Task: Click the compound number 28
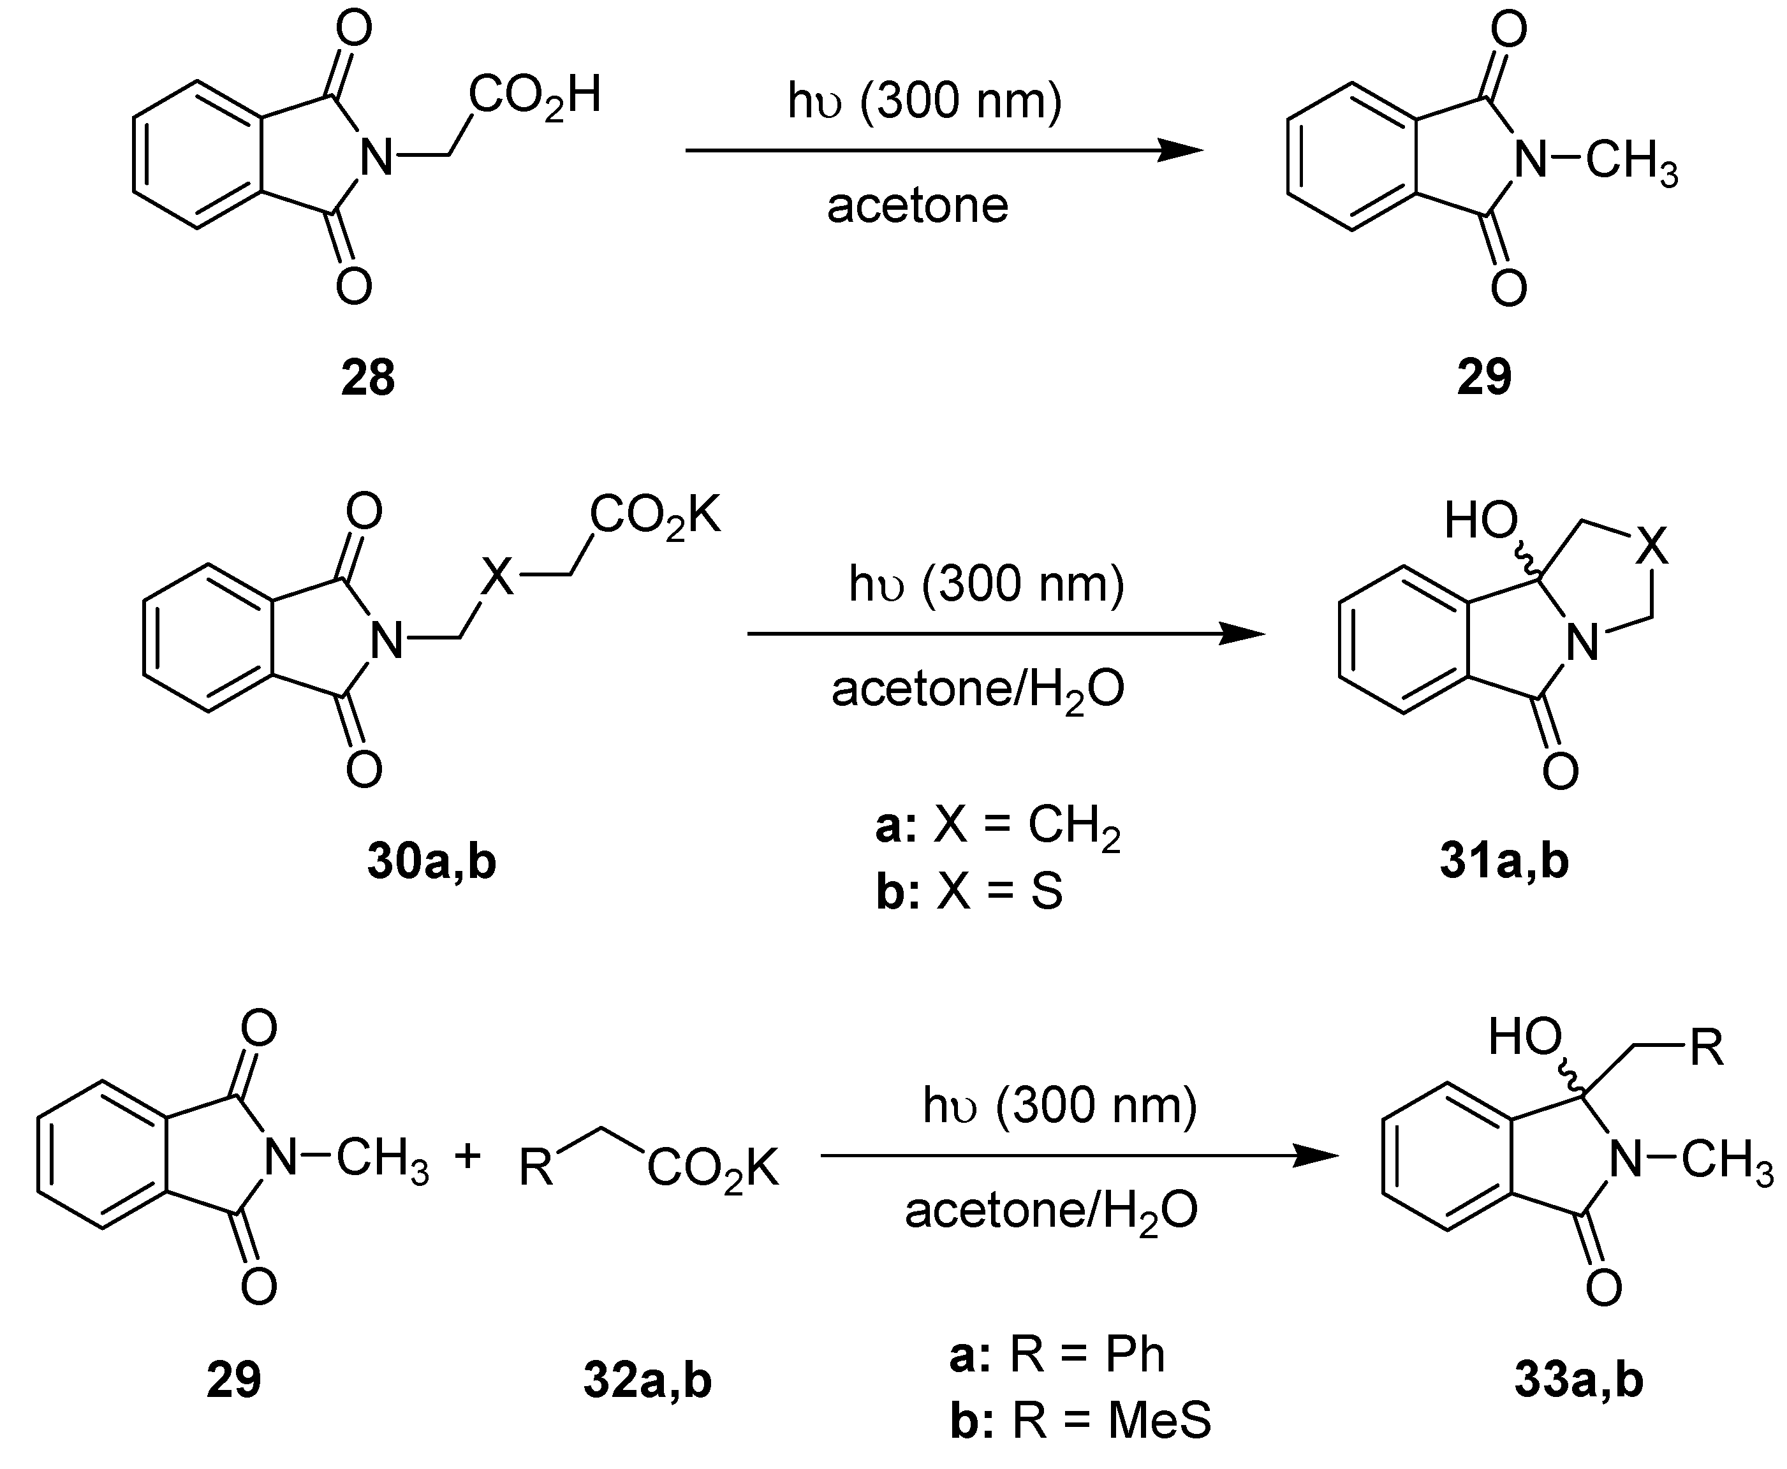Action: click(367, 377)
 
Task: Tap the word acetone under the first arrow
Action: click(918, 206)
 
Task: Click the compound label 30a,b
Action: click(431, 861)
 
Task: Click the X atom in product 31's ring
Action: click(1651, 546)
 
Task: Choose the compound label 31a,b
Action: click(1504, 861)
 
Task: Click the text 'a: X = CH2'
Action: click(997, 825)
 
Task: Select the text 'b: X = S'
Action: click(969, 892)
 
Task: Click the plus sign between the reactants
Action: click(467, 1155)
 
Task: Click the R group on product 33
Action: click(1707, 1048)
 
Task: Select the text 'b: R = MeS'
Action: click(1080, 1420)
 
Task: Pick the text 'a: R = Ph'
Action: click(1057, 1355)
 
